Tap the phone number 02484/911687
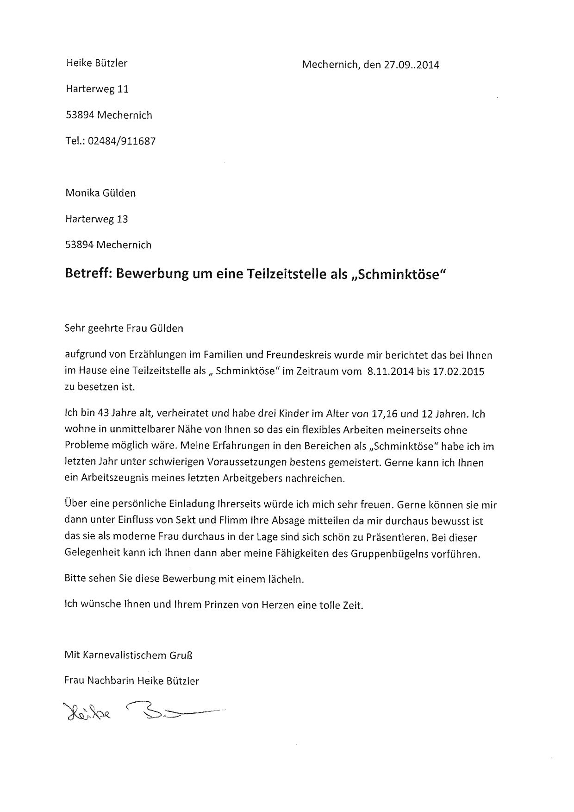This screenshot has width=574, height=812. [x=125, y=141]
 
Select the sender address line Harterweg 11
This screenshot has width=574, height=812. [x=97, y=89]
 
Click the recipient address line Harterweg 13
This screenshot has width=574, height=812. [x=97, y=219]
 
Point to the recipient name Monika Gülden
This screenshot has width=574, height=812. [x=100, y=193]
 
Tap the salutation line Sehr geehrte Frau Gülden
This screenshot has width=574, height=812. [x=124, y=328]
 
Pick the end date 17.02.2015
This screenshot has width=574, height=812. [x=458, y=372]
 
